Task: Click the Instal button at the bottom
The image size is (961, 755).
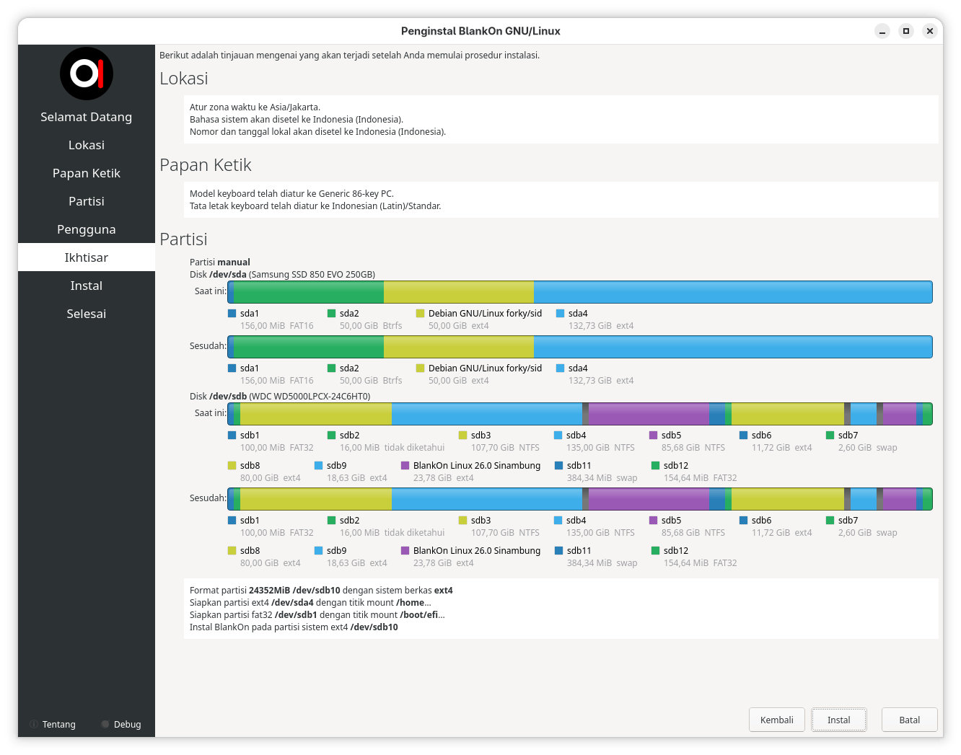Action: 838,720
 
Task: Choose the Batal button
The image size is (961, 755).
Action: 909,720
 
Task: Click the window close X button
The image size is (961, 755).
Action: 929,31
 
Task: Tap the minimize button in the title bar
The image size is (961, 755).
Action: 882,31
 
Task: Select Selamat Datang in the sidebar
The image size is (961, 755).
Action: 87,117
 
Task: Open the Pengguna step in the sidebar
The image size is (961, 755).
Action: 87,229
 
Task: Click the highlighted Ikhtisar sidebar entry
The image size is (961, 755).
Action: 87,257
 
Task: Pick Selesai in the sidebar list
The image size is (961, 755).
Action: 87,314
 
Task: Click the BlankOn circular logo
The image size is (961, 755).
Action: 87,74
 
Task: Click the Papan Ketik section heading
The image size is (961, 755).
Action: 205,165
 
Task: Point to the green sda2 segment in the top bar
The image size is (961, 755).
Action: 308,292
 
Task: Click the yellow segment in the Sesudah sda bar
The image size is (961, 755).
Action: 459,347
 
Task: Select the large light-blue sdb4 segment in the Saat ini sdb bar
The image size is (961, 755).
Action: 487,414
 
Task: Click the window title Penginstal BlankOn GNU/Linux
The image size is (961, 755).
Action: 480,31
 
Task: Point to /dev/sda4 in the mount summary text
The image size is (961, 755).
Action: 292,603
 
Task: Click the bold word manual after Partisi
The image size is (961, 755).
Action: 234,262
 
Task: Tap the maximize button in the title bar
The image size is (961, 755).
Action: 905,31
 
